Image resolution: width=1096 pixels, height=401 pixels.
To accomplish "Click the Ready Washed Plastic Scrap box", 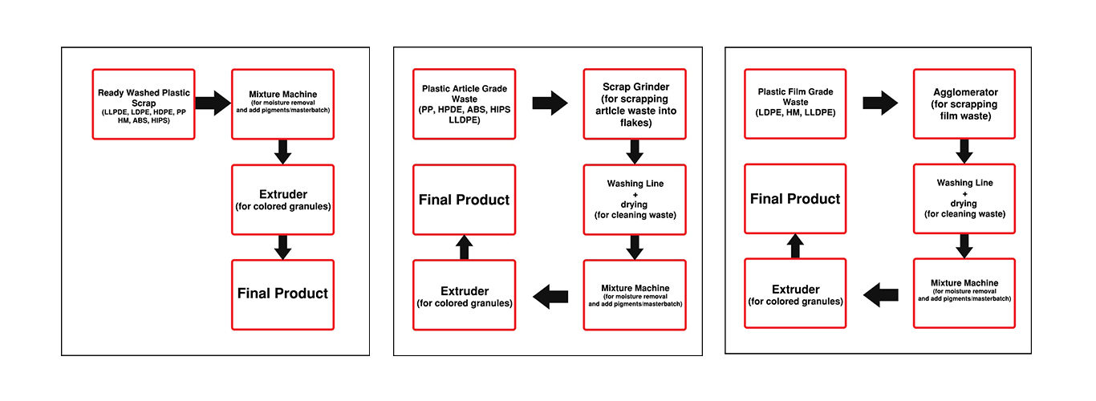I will pyautogui.click(x=144, y=104).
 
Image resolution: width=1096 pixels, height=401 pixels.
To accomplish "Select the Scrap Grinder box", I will pyautogui.click(x=635, y=103).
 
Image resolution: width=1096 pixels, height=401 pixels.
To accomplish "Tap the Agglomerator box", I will pyautogui.click(x=964, y=103).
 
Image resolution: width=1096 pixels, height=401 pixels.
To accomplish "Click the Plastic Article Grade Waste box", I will pyautogui.click(x=464, y=103).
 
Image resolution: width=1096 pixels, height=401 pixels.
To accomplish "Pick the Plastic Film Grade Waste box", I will pyautogui.click(x=795, y=103).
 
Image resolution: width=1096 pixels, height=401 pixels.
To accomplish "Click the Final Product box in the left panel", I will pyautogui.click(x=282, y=294).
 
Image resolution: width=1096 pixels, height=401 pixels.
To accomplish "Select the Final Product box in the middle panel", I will pyautogui.click(x=464, y=200).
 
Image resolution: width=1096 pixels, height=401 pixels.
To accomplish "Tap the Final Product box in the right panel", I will pyautogui.click(x=795, y=199).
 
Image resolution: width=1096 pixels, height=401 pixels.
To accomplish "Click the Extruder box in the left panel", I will pyautogui.click(x=282, y=199).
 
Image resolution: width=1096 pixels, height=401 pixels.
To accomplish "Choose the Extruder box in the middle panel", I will pyautogui.click(x=464, y=295).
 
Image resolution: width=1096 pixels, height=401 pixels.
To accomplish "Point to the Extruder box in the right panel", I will pyautogui.click(x=795, y=294).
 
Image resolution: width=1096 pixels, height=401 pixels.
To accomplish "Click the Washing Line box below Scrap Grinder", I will pyautogui.click(x=635, y=200).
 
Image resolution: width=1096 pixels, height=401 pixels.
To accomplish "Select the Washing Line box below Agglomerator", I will pyautogui.click(x=964, y=199).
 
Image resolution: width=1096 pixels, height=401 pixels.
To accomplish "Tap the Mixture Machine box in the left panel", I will pyautogui.click(x=282, y=104).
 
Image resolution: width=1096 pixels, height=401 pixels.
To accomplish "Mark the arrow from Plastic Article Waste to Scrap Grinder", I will pyautogui.click(x=550, y=103).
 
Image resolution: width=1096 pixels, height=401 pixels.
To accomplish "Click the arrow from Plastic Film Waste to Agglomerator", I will pyautogui.click(x=880, y=103).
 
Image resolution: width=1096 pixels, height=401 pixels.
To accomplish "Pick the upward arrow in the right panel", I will pyautogui.click(x=795, y=246).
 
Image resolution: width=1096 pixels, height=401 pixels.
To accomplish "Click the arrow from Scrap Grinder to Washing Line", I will pyautogui.click(x=635, y=152).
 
